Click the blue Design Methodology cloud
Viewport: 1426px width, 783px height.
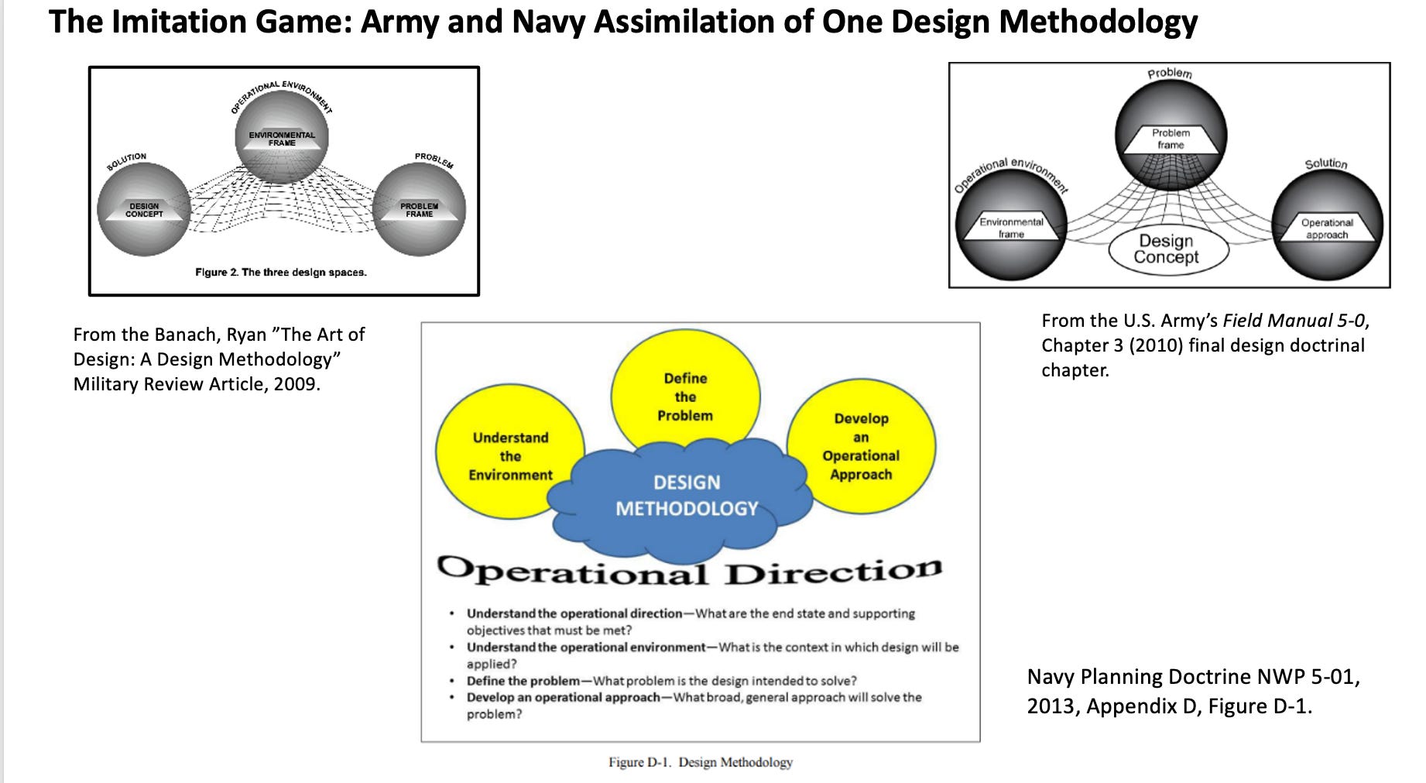[x=686, y=496]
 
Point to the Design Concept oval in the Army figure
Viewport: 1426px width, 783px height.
[x=1167, y=249]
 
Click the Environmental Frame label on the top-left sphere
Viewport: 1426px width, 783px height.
[x=282, y=139]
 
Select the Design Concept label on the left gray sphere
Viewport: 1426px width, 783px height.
[x=145, y=210]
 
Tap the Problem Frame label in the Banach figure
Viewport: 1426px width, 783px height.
[x=419, y=210]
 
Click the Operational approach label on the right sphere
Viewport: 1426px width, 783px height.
[x=1327, y=228]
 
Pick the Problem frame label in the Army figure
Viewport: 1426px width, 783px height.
[x=1171, y=139]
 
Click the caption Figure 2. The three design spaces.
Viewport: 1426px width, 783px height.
[x=281, y=273]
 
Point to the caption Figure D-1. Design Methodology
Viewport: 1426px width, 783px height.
[x=700, y=762]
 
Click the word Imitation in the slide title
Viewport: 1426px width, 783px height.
[x=178, y=22]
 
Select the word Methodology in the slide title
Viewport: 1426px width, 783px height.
[x=1099, y=22]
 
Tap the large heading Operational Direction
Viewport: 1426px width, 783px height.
[x=689, y=572]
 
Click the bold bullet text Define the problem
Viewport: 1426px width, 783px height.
[x=523, y=681]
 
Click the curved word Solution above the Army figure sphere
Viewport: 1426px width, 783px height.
[x=1325, y=163]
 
